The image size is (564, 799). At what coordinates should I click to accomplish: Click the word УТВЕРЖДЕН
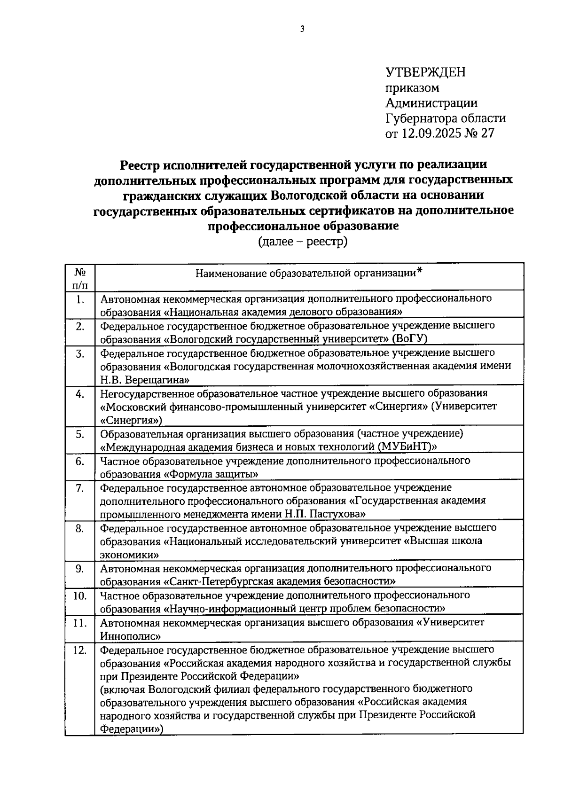click(425, 72)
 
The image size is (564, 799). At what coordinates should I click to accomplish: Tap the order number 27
click(487, 133)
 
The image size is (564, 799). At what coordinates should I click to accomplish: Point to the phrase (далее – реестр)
click(302, 242)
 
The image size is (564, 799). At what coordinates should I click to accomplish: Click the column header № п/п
click(79, 278)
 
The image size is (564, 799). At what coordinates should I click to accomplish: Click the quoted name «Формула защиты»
click(211, 473)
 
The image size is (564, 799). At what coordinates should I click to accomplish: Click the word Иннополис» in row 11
click(131, 636)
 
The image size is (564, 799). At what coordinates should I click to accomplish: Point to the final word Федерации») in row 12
click(132, 729)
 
